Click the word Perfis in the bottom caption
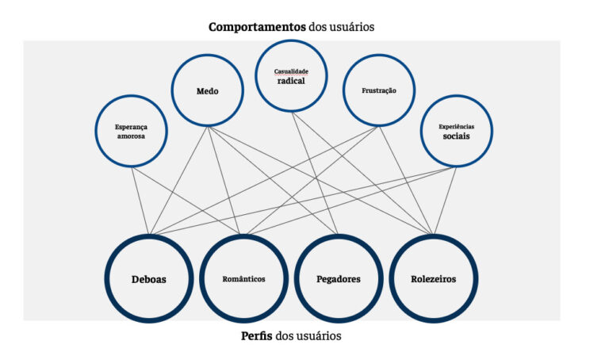click(257, 335)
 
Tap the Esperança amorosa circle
click(132, 131)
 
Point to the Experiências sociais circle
click(456, 131)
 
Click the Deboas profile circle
click(149, 279)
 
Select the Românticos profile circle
click(243, 279)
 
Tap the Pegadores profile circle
click(339, 279)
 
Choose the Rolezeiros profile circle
click(434, 279)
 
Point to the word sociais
click(456, 136)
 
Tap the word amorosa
click(132, 136)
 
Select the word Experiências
click(456, 126)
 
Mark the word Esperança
click(132, 126)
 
